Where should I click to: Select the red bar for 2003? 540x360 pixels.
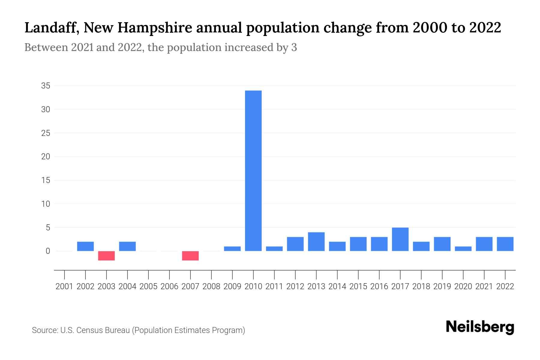tap(106, 256)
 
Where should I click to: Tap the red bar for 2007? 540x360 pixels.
tap(190, 256)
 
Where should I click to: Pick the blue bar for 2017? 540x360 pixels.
tap(400, 239)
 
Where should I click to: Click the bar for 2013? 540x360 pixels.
tap(316, 241)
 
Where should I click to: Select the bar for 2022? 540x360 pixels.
tap(505, 244)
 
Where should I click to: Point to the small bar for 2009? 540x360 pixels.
tap(232, 249)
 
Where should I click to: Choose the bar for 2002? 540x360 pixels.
tap(85, 246)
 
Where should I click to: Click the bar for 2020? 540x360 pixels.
tap(463, 249)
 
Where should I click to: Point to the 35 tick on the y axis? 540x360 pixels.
tap(46, 86)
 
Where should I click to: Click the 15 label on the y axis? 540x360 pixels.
tap(46, 180)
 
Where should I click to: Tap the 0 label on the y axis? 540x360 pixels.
tap(48, 251)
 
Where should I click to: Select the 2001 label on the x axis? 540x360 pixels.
tap(64, 286)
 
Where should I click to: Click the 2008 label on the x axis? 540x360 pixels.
tap(211, 286)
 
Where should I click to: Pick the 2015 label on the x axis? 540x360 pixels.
tap(358, 286)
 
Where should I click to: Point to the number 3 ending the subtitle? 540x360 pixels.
tap(294, 47)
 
